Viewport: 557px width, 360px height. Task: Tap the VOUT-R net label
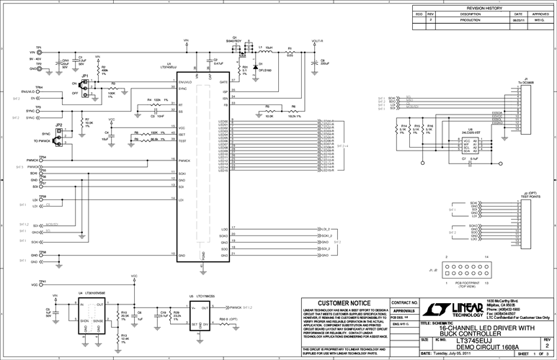[x=317, y=42]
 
